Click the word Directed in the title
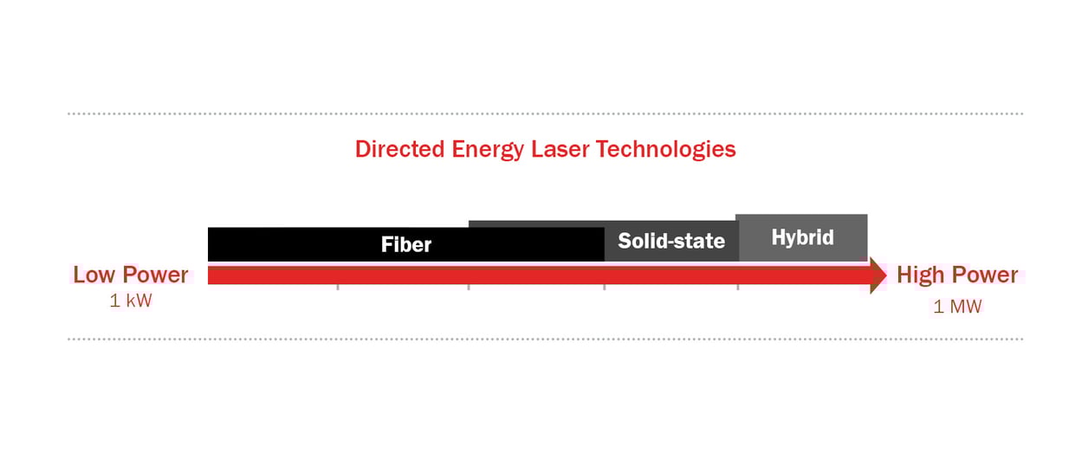pos(400,149)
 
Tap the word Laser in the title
pos(563,149)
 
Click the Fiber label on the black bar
pos(406,244)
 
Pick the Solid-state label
pos(671,240)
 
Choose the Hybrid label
pos(802,236)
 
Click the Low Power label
pos(131,275)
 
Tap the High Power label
pos(957,275)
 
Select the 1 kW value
pos(131,302)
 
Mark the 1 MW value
pos(957,307)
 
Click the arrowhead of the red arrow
pos(878,275)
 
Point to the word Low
pos(94,275)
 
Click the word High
pos(920,275)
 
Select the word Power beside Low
pos(155,275)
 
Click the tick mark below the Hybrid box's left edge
pos(738,287)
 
